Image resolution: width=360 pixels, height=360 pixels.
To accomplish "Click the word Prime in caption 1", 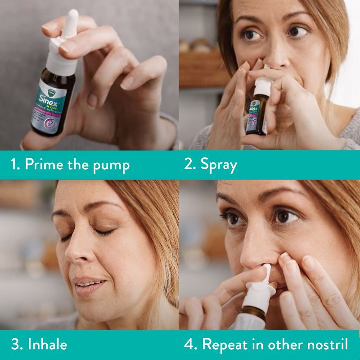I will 45,164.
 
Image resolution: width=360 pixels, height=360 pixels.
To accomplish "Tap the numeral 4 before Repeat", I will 189,344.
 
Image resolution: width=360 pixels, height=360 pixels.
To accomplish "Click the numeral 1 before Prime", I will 14,164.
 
